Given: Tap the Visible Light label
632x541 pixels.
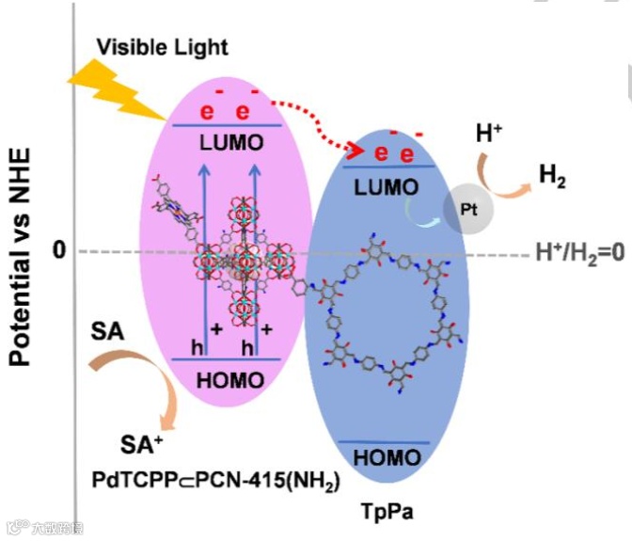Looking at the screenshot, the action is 163,45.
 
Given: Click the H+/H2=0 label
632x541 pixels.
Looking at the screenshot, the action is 578,252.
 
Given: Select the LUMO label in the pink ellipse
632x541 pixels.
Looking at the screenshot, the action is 230,142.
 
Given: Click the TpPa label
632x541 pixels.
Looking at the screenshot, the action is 387,513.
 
